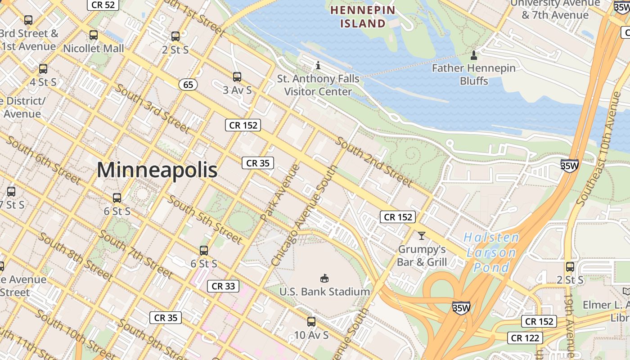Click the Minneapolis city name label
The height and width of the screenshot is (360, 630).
[x=157, y=171]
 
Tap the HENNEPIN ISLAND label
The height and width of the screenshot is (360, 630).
[x=363, y=17]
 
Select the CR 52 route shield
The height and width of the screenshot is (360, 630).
[x=103, y=5]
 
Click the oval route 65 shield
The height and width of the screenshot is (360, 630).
[x=188, y=85]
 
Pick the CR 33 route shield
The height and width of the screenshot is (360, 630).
[x=223, y=286]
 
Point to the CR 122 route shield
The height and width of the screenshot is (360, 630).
[x=525, y=337]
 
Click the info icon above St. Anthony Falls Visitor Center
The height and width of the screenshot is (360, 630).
[x=318, y=66]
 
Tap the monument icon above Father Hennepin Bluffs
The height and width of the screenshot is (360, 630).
[x=473, y=56]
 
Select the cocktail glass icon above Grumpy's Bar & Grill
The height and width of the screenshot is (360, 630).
[x=422, y=235]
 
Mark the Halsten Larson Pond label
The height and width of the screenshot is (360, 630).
[x=491, y=252]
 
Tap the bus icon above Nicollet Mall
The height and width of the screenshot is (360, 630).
[x=94, y=35]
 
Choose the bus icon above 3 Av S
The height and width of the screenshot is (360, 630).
[x=237, y=77]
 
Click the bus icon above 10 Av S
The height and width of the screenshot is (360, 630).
[x=311, y=322]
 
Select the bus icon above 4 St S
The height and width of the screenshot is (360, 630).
[x=43, y=69]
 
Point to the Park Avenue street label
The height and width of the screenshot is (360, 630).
[x=280, y=193]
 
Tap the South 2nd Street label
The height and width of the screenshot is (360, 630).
[x=374, y=162]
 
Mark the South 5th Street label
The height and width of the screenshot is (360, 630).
[x=205, y=219]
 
